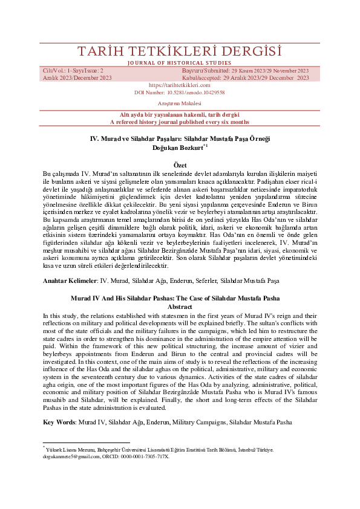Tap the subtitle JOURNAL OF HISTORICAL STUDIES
point(180,62)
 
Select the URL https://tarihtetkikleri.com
point(179,85)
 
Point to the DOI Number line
point(179,92)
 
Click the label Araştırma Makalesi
point(179,104)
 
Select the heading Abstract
point(180,306)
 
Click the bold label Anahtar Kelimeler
point(70,281)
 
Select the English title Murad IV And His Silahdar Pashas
point(180,298)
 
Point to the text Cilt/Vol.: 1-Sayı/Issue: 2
point(73,71)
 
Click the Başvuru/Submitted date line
point(244,71)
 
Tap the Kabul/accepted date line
point(245,78)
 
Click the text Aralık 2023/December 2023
point(77,78)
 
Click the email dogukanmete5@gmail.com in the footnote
point(69,457)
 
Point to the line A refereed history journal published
point(180,122)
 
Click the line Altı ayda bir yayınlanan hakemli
point(180,114)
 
